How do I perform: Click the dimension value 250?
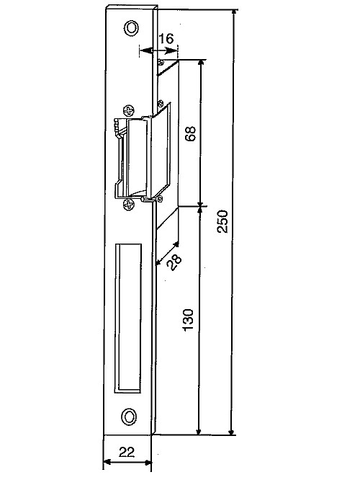pyautogui.click(x=222, y=221)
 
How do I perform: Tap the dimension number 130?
pyautogui.click(x=188, y=320)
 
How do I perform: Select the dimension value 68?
pyautogui.click(x=191, y=133)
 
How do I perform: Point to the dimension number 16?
pyautogui.click(x=166, y=39)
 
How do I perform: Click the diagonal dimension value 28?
pyautogui.click(x=174, y=262)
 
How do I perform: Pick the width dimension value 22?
pyautogui.click(x=127, y=453)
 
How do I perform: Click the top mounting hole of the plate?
pyautogui.click(x=131, y=28)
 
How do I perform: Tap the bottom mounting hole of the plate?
pyautogui.click(x=129, y=417)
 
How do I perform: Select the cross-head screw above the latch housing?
pyautogui.click(x=129, y=110)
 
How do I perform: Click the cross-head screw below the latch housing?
pyautogui.click(x=129, y=205)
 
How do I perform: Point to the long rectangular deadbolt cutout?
pyautogui.click(x=128, y=318)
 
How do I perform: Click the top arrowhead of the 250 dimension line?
pyautogui.click(x=234, y=13)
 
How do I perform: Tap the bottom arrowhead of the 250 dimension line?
pyautogui.click(x=231, y=431)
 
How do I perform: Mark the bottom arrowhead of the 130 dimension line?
pyautogui.click(x=199, y=431)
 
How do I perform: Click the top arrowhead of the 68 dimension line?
pyautogui.click(x=201, y=63)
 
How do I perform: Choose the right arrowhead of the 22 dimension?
pyautogui.click(x=148, y=463)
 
